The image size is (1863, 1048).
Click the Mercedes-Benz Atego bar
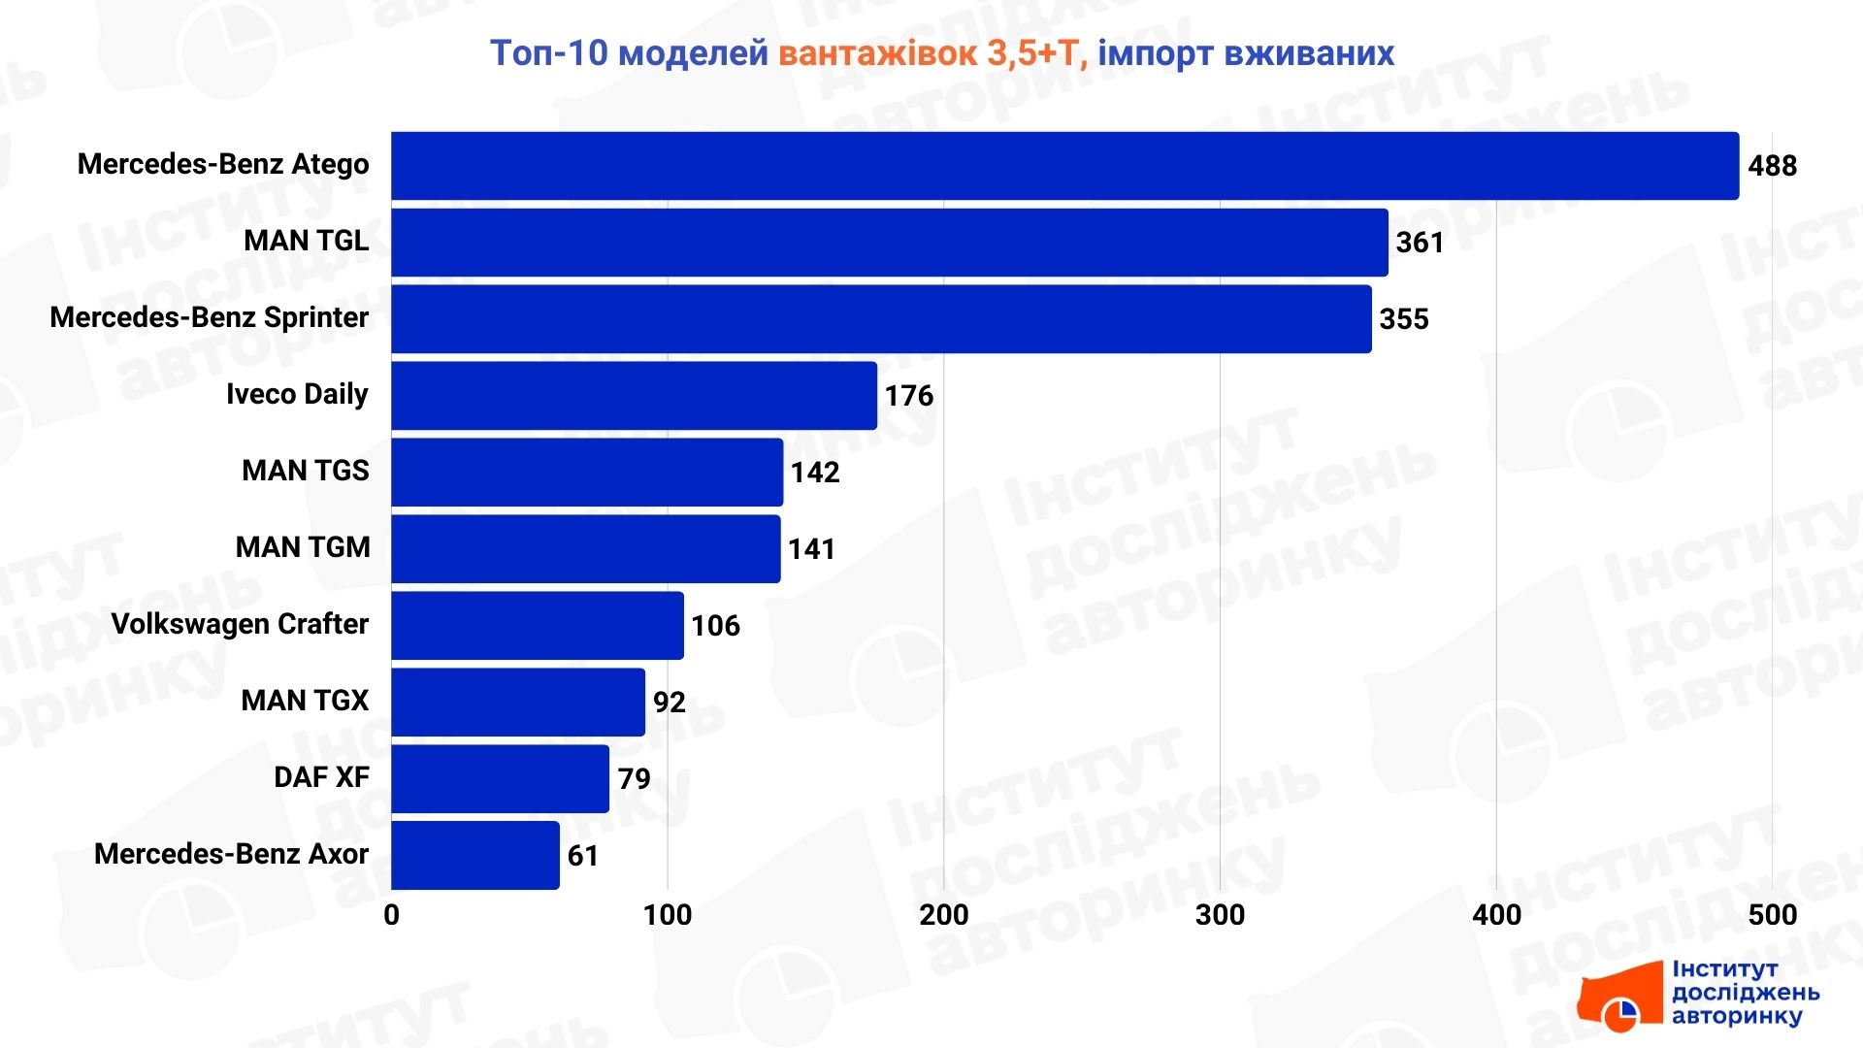1064,166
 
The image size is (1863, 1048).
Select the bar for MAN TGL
889,243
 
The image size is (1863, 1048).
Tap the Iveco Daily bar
634,396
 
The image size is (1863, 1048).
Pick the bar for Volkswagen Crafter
538,626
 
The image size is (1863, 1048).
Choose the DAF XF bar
500,779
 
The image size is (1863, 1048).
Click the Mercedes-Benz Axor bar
475,856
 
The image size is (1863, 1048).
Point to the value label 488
1772,166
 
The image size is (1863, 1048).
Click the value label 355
1404,319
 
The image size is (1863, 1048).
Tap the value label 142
815,473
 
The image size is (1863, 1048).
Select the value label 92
670,703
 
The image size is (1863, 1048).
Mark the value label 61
583,856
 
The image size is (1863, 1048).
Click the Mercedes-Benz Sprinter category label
210,317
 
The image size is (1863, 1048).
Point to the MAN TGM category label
303,547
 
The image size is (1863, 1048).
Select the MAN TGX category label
305,701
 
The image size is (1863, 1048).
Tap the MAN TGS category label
306,471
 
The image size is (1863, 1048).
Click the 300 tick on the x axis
1220,915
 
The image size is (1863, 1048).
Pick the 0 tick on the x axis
392,915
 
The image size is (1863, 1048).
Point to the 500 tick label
1772,915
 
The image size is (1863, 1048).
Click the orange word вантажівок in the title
878,53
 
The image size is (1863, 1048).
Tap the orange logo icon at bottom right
1620,999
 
